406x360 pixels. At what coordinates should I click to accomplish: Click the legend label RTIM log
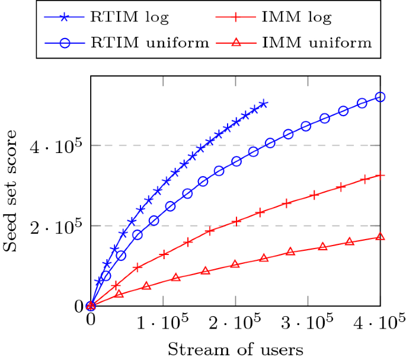pos(129,17)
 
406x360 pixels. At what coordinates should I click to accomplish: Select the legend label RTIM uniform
pos(150,42)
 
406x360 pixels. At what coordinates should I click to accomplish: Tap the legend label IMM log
pos(296,17)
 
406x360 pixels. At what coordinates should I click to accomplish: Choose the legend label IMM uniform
pos(317,42)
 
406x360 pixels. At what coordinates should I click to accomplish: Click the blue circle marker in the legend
pos(65,43)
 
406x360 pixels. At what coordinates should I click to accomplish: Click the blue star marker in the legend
pos(65,17)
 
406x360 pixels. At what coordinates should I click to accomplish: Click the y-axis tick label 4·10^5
pos(57,145)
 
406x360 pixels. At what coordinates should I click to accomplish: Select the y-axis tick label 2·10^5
pos(57,225)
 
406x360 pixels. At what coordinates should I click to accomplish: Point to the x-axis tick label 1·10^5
pos(162,324)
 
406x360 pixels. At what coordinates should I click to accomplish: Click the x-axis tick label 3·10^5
pos(308,324)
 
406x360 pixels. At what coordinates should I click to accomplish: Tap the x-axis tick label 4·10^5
pos(380,324)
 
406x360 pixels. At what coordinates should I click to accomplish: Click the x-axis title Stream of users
pos(235,349)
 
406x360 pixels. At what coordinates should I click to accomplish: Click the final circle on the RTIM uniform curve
pos(381,97)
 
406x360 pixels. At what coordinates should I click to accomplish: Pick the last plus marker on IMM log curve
pos(381,175)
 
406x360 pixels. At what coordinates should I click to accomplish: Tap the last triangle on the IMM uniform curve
pos(381,237)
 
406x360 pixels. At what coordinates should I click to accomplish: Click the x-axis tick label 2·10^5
pos(235,324)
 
